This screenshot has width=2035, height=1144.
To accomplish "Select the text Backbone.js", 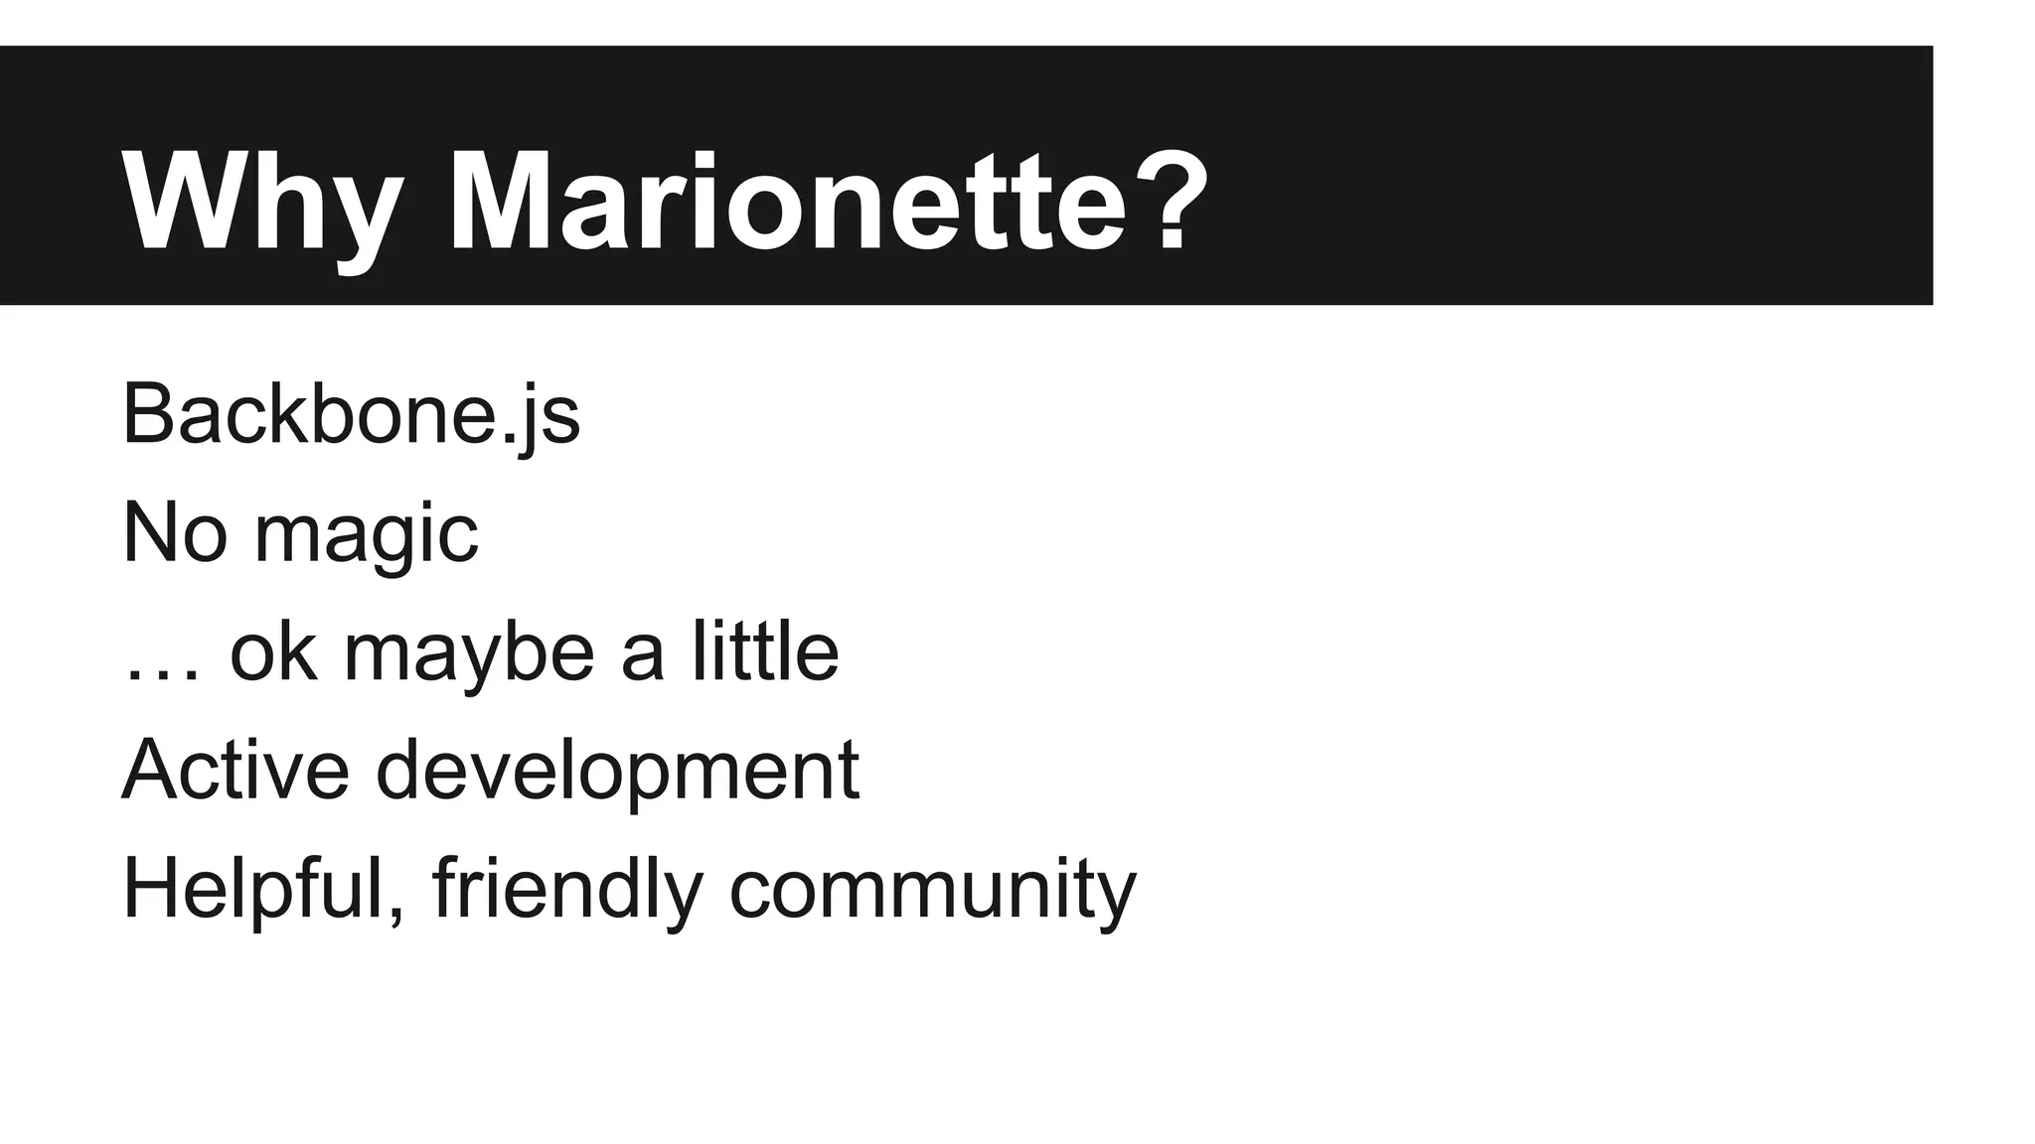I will pos(351,414).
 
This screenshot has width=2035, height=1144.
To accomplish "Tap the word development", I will pos(617,773).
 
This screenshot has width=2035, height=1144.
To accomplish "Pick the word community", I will pos(932,891).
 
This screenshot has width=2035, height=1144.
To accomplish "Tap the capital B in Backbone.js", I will pos(148,414).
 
